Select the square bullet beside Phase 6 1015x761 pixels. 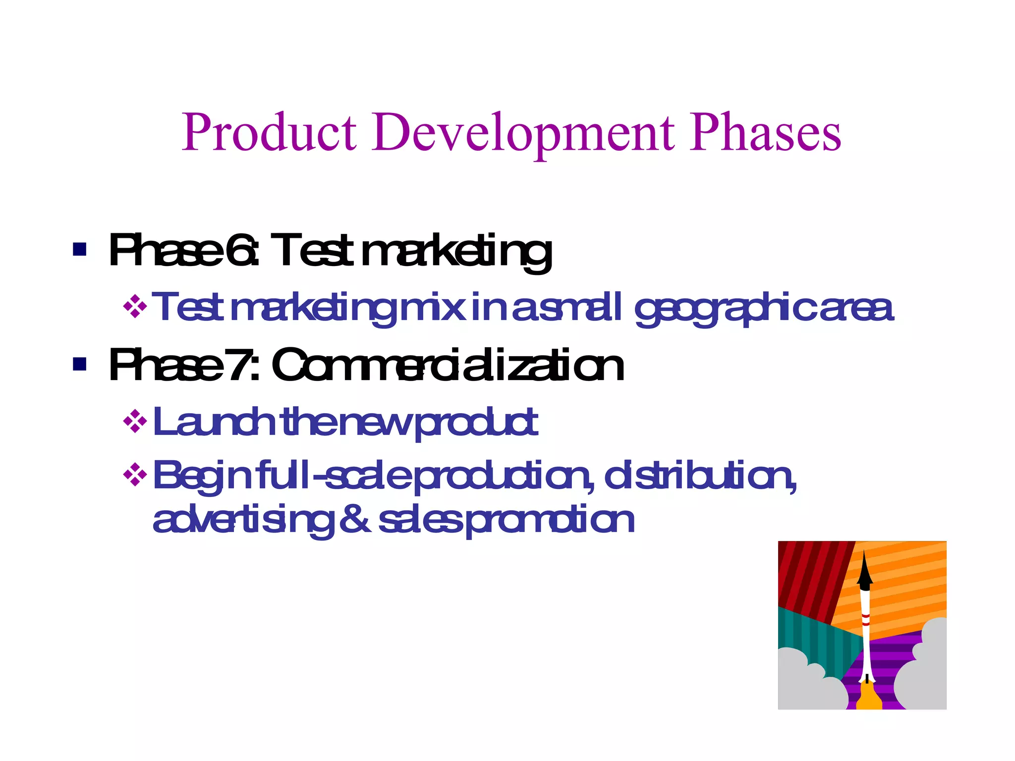click(x=79, y=249)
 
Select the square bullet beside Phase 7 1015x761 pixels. click(x=79, y=364)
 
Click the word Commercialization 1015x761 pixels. click(x=448, y=366)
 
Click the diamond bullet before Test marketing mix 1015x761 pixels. click(x=135, y=307)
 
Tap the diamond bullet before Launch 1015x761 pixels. click(x=135, y=422)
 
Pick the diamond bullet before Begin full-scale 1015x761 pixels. click(x=135, y=476)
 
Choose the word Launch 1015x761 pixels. click(x=214, y=422)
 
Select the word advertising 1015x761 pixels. click(x=243, y=521)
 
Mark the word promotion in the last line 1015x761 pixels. click(x=550, y=521)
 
